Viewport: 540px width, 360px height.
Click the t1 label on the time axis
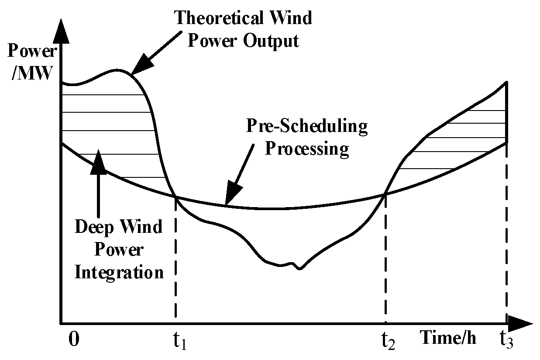(179, 341)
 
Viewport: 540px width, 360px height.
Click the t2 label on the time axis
(389, 341)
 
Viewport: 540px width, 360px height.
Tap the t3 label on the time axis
(507, 340)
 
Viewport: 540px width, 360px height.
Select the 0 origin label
(75, 339)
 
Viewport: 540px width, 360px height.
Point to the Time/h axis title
(449, 338)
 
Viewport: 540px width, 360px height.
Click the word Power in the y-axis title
(32, 52)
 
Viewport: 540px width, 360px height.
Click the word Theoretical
(218, 18)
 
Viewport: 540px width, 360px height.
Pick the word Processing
(308, 149)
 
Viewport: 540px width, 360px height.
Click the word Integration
(119, 273)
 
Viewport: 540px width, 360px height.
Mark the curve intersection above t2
(385, 194)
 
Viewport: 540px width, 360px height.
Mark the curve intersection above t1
(175, 197)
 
